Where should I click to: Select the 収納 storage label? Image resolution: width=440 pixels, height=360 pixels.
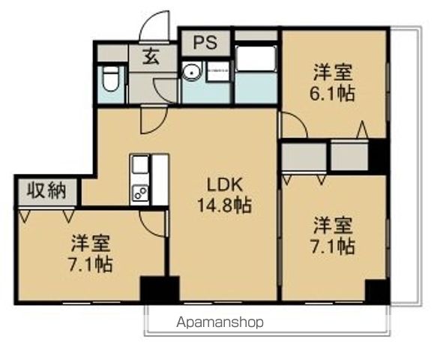point(46,190)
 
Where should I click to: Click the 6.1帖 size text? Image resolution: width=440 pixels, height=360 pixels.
point(334,94)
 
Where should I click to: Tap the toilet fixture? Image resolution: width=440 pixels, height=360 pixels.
point(111,79)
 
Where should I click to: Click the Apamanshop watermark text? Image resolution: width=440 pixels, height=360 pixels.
point(220,323)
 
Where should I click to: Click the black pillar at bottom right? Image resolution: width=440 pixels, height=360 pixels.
point(376,289)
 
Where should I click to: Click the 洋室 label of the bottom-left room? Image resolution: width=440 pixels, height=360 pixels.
point(91,243)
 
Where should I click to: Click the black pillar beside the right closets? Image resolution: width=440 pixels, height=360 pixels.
point(379,156)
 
